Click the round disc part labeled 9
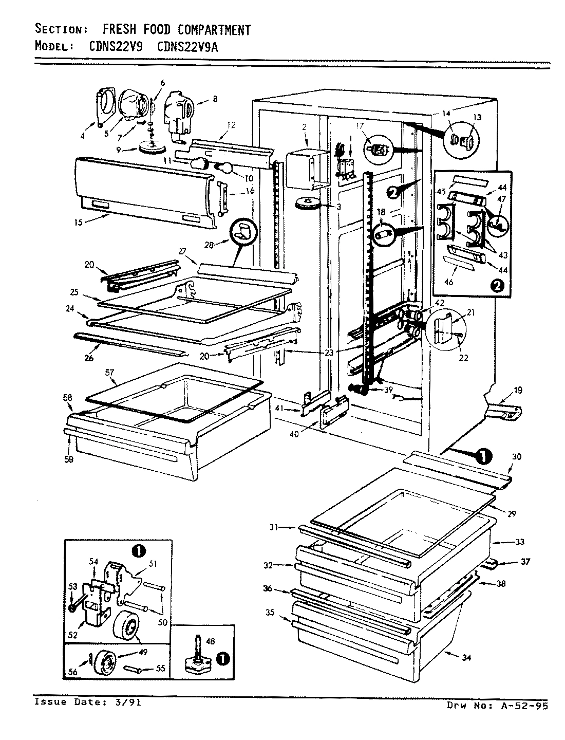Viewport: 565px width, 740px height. click(152, 148)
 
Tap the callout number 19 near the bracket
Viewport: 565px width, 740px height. click(518, 391)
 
